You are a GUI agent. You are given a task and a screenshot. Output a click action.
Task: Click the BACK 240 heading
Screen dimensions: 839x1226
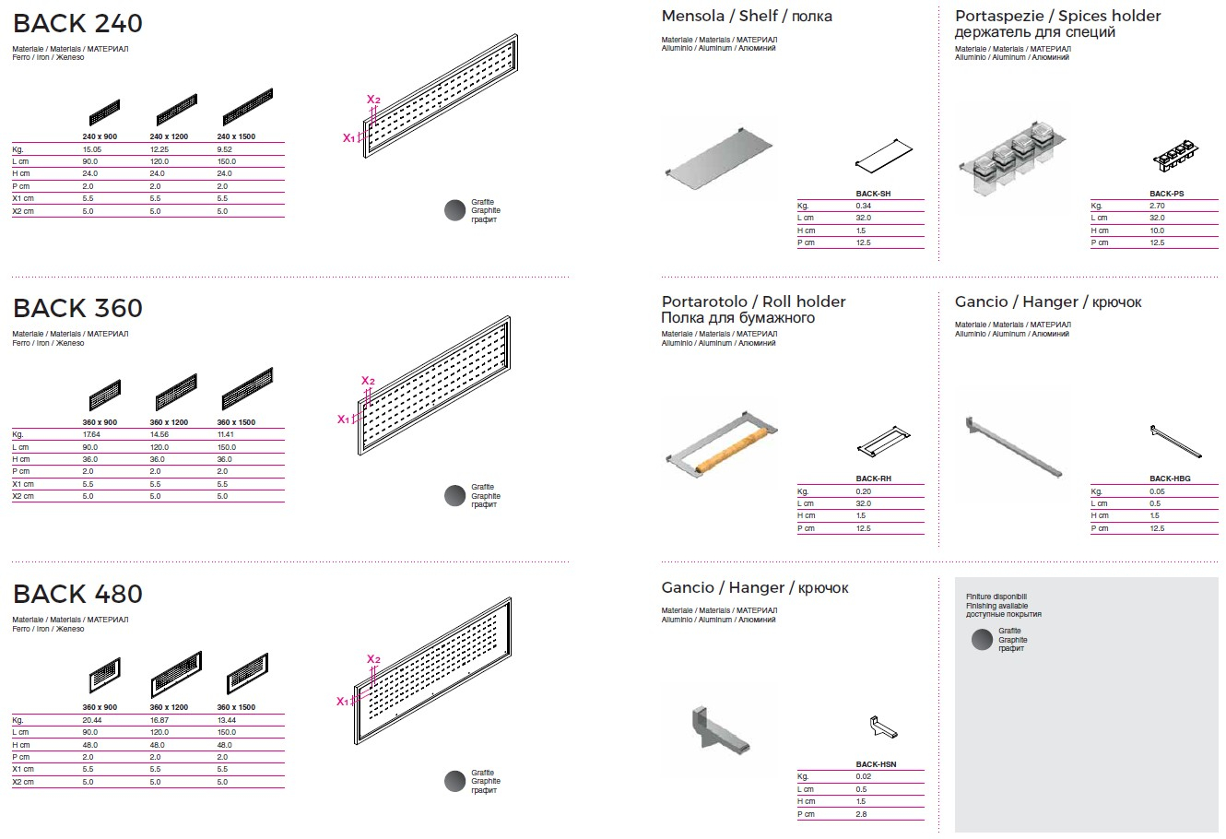[x=77, y=23]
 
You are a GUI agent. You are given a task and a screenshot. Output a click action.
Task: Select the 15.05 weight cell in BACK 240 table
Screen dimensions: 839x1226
[x=91, y=149]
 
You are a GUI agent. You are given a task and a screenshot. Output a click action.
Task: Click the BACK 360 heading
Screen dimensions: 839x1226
[x=77, y=308]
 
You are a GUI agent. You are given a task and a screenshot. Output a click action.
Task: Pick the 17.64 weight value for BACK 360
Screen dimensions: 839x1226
[x=91, y=434]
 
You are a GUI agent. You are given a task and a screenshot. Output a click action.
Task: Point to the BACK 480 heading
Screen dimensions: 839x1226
[x=77, y=594]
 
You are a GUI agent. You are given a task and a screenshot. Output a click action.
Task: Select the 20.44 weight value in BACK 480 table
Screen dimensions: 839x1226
[x=91, y=720]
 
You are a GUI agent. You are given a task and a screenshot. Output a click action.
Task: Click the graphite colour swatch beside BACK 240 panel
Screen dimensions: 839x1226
[x=454, y=211]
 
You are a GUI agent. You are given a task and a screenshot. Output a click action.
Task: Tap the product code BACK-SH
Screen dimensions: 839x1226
[x=873, y=194]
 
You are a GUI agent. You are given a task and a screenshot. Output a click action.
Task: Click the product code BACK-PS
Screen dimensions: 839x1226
[x=1166, y=194]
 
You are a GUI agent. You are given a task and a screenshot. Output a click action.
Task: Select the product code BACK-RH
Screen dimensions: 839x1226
[x=873, y=479]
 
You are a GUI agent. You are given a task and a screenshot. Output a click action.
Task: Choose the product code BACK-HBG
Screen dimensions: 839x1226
[x=1169, y=479]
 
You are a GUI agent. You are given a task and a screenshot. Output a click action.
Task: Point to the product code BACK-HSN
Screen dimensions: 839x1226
[x=875, y=764]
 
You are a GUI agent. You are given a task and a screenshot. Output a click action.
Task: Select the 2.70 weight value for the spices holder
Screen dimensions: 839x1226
[x=1156, y=207]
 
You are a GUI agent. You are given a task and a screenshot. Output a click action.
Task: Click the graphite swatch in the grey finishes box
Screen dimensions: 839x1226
[x=983, y=639]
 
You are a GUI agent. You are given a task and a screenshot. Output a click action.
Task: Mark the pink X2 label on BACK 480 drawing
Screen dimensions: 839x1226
[x=373, y=659]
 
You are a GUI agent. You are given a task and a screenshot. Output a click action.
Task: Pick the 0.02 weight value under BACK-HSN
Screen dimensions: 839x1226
[x=863, y=776]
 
